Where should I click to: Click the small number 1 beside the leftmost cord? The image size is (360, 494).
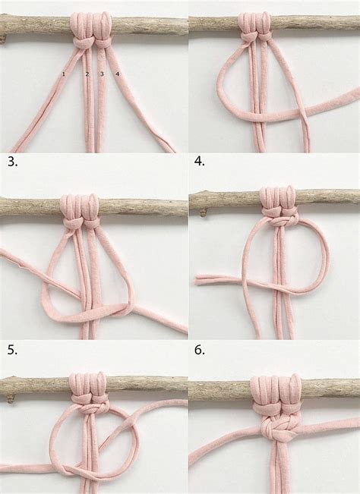pyautogui.click(x=65, y=74)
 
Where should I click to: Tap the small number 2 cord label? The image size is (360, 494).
pyautogui.click(x=87, y=74)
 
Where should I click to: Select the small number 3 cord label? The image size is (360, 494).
pyautogui.click(x=101, y=74)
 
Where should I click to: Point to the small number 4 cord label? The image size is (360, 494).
pyautogui.click(x=118, y=74)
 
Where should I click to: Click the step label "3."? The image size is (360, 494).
pyautogui.click(x=11, y=162)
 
